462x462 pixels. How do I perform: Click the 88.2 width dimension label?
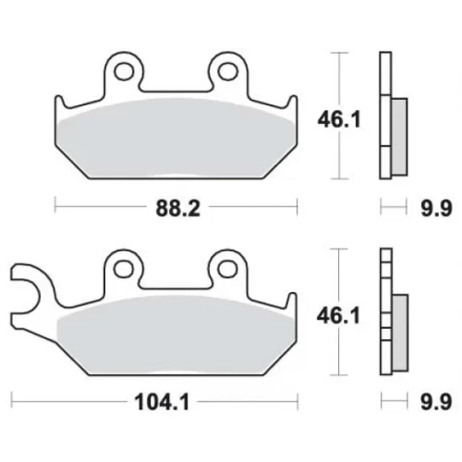pos(178,208)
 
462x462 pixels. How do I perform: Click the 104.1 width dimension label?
pos(162,402)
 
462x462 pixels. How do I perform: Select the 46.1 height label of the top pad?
pos(339,119)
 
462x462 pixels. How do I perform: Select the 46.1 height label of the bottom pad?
pos(338,316)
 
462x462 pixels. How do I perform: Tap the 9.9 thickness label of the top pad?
pos(436,208)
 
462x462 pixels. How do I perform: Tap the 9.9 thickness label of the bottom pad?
pos(436,402)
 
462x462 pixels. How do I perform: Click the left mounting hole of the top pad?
pos(124,71)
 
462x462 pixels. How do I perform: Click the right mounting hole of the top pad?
pos(228,71)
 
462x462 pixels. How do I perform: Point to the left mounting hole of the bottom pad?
pos(124,269)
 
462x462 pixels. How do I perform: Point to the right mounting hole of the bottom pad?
pos(228,269)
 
